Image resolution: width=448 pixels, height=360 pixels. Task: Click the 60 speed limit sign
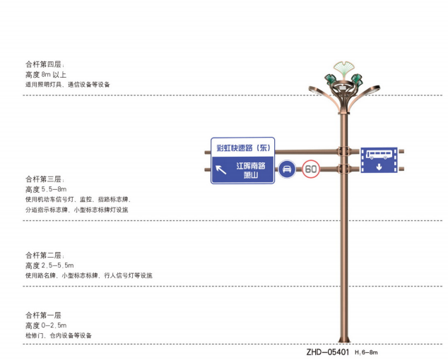tap(312, 169)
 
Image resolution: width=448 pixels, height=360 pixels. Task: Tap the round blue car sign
tap(288, 169)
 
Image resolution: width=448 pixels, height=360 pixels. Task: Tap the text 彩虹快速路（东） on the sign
tap(243, 148)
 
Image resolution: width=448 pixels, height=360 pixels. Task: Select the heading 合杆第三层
tap(45, 179)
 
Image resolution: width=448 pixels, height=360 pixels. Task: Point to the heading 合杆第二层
tap(45, 254)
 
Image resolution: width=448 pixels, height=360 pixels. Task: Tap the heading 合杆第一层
tap(45, 314)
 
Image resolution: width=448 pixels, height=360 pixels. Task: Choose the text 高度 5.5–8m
tap(46, 189)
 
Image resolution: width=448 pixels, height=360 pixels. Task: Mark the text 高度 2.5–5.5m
tap(49, 265)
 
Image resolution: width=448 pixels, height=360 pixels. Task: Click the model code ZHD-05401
tap(329, 352)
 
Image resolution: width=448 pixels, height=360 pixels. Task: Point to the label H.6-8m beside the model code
tap(367, 352)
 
